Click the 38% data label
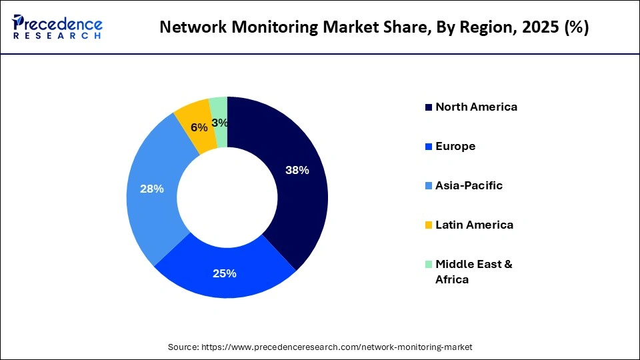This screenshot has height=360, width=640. tap(297, 170)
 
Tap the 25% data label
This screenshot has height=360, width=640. tap(225, 273)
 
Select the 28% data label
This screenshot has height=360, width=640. tap(152, 189)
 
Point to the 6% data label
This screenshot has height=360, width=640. tap(199, 127)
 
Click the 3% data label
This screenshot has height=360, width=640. tap(219, 123)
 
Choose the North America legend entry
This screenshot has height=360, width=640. tap(476, 107)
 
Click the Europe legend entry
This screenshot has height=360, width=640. tap(455, 146)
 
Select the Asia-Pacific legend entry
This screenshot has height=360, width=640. tap(469, 185)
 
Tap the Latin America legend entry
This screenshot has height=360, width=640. tap(474, 225)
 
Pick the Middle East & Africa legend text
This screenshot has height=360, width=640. tap(473, 271)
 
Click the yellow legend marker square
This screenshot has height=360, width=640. tap(429, 225)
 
